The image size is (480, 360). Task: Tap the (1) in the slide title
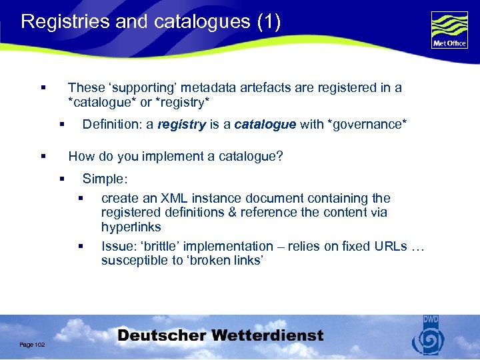click(x=269, y=22)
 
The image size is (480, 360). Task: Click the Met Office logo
click(x=449, y=30)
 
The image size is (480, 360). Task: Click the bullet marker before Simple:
click(x=61, y=179)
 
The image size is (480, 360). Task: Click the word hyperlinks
click(x=131, y=227)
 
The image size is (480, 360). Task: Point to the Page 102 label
click(x=32, y=344)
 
